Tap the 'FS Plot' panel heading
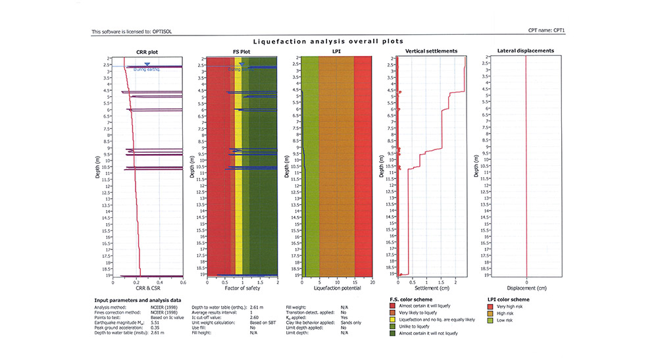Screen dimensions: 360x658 tap(242, 51)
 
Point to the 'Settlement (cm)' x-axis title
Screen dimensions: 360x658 tap(431, 288)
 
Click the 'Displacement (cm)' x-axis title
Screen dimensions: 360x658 tap(526, 288)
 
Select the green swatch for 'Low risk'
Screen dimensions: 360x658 tap(490, 320)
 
